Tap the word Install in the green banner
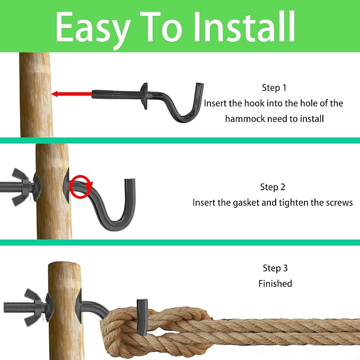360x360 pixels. point(244,27)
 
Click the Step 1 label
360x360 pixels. point(274,88)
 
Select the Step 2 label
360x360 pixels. point(273,187)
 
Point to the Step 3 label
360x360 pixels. point(275,268)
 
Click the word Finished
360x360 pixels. point(275,284)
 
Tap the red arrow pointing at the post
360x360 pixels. point(72,94)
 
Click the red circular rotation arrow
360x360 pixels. point(81,187)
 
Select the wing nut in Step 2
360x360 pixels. point(21,187)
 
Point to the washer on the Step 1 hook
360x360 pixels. point(144,96)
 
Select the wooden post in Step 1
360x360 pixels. point(36,95)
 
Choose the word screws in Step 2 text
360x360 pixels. point(339,203)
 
